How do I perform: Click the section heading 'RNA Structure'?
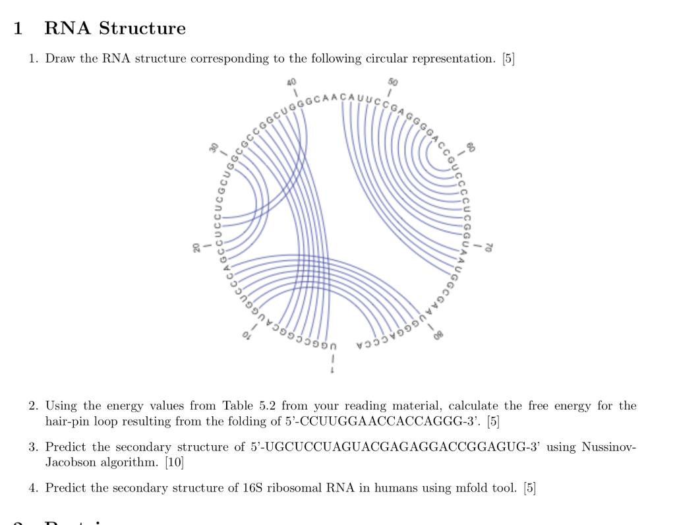tap(115, 28)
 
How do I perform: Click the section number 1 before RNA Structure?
tap(18, 28)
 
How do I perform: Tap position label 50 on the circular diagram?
tap(393, 82)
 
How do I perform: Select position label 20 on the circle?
tap(196, 247)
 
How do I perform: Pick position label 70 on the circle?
tap(489, 247)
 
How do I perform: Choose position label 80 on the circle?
tap(438, 335)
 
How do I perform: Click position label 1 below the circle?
tap(332, 371)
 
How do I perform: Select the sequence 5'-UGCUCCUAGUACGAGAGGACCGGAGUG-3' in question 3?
tap(397, 447)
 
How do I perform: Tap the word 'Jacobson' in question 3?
tap(72, 463)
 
